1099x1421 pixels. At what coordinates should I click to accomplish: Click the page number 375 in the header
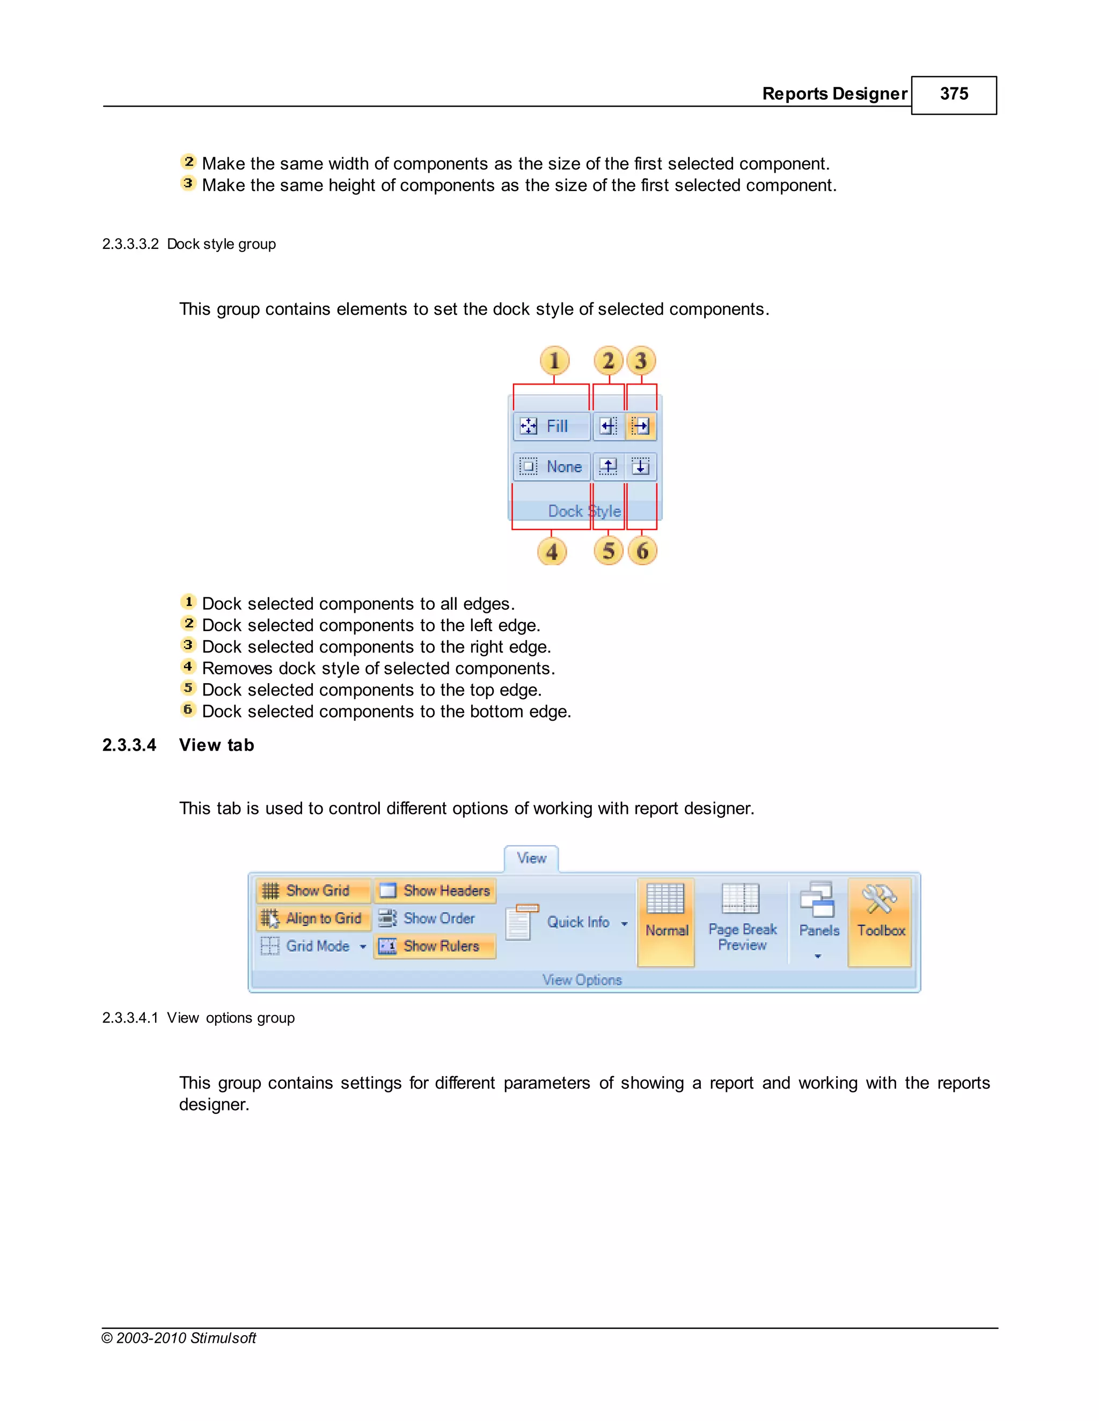click(x=953, y=94)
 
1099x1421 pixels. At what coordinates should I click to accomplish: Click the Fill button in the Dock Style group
click(x=551, y=426)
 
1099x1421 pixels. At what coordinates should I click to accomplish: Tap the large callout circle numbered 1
click(x=554, y=360)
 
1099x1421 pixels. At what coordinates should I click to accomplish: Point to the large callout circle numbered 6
click(x=642, y=551)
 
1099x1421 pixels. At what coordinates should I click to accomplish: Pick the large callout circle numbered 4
click(x=552, y=552)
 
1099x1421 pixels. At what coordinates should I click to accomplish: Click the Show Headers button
click(x=435, y=890)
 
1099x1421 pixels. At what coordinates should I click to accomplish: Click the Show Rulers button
click(x=435, y=946)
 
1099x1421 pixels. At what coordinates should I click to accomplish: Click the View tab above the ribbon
click(x=531, y=858)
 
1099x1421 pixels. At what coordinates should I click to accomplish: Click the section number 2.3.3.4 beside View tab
click(x=129, y=745)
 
